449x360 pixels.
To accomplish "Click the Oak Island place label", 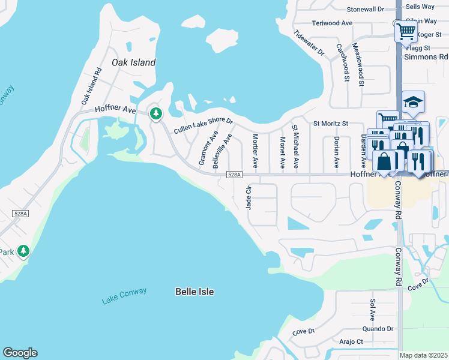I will coord(133,62).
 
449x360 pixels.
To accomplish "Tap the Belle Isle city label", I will coord(194,292).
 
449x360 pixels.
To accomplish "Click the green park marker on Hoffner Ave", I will coord(156,113).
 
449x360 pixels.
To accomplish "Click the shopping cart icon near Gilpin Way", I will coord(406,31).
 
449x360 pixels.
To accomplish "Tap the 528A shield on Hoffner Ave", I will coord(234,175).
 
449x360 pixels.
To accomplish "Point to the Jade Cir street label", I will coord(248,197).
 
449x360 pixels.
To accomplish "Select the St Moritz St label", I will coord(331,124).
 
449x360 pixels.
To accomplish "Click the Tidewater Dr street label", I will coord(309,43).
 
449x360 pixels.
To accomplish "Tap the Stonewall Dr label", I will coord(365,9).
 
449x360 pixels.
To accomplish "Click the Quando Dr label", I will coord(378,329).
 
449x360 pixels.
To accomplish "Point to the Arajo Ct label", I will coord(351,341).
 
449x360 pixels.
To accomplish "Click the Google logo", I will coord(20,353).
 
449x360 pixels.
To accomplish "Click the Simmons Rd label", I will coord(426,57).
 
